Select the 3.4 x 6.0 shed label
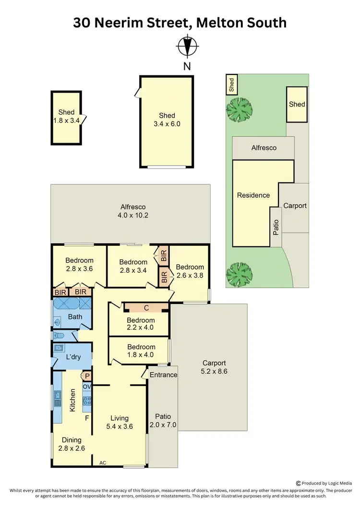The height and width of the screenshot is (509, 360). [167, 120]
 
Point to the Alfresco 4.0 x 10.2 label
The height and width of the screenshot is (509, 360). [133, 211]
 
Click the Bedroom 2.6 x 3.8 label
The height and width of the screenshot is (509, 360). [190, 271]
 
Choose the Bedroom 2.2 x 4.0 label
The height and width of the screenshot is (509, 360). [141, 324]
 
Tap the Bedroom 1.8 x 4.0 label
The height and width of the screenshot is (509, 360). [141, 351]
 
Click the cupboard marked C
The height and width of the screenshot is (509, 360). [146, 307]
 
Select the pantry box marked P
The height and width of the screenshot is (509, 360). [88, 376]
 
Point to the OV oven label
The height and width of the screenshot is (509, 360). [87, 387]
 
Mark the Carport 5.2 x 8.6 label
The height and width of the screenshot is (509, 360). [214, 367]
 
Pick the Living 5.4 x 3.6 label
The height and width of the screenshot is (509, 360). [119, 422]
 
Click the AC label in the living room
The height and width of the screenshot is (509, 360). [102, 463]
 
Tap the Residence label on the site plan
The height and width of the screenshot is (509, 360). [253, 195]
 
